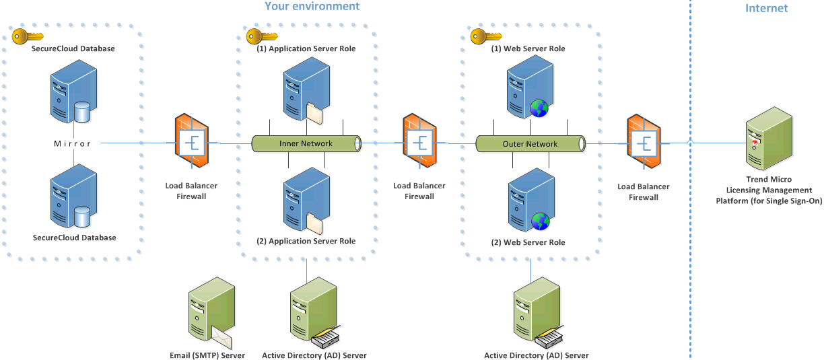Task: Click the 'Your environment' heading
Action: click(x=312, y=7)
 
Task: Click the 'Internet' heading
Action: click(x=766, y=8)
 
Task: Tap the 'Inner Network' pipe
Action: click(x=306, y=143)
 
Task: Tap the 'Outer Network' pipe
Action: click(x=530, y=143)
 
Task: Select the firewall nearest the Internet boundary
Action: click(x=644, y=144)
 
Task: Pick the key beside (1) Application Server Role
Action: click(x=256, y=36)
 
